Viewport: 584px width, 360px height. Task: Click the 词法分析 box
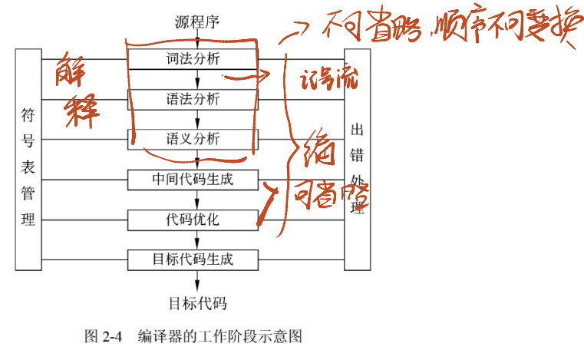[x=193, y=58]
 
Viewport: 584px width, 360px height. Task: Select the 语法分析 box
[x=193, y=99]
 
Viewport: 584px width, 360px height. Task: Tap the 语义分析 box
[x=193, y=139]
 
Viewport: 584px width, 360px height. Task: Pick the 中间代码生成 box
[x=193, y=179]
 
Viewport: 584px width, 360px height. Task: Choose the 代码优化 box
[x=193, y=220]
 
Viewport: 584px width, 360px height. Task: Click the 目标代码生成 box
[x=193, y=259]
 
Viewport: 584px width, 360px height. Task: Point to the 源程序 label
[x=198, y=21]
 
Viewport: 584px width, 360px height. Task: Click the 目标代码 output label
[x=198, y=302]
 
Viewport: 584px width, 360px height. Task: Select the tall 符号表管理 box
[x=28, y=159]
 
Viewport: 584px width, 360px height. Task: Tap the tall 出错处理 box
[x=357, y=159]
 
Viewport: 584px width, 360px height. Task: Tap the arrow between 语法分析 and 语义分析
[x=198, y=119]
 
